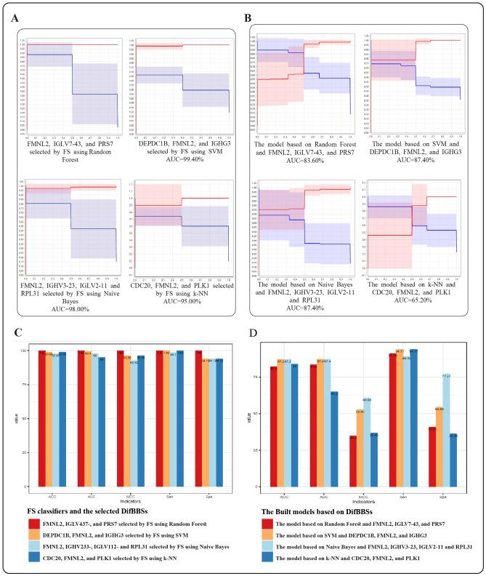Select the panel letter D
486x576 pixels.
click(251, 333)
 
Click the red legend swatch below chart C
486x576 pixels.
click(33, 522)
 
